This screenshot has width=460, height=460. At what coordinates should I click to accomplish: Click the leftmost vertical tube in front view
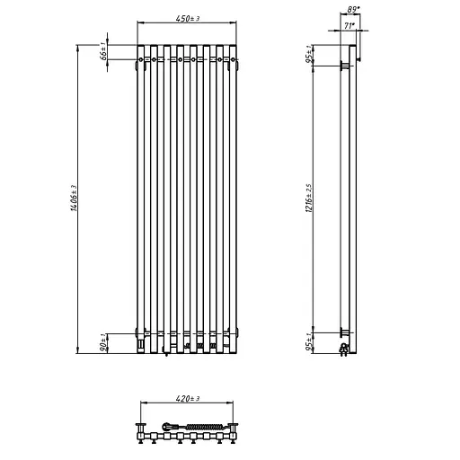click(x=143, y=198)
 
